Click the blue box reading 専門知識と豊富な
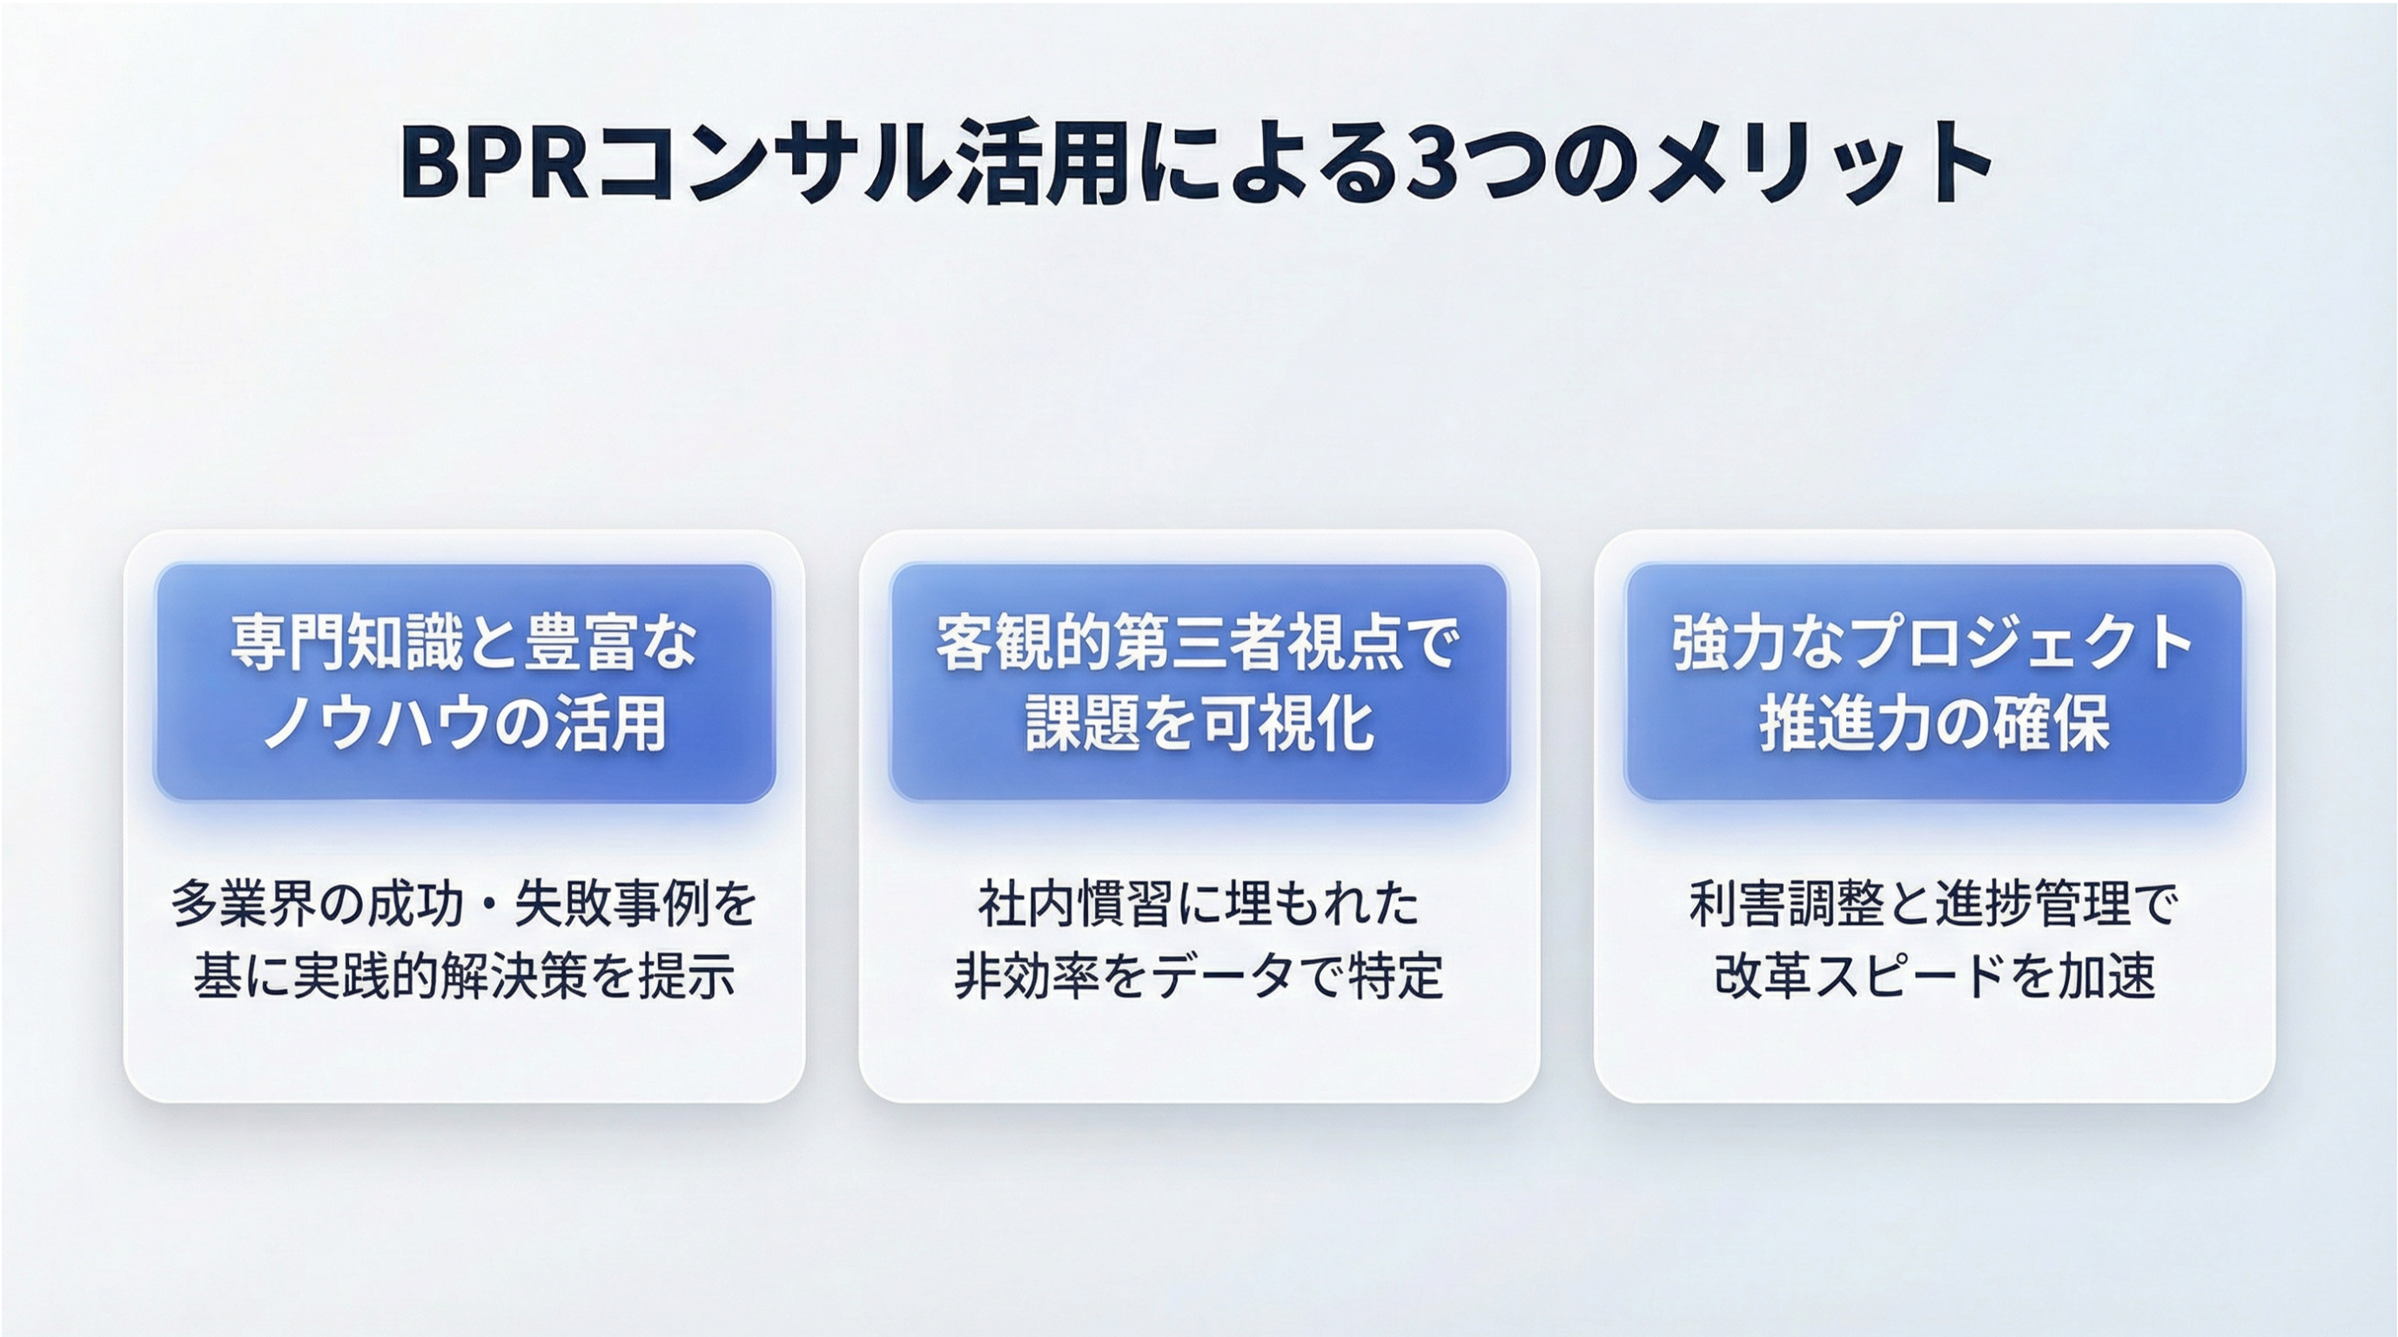coord(465,682)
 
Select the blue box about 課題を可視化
coord(1199,682)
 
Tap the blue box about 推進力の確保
coord(1934,682)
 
